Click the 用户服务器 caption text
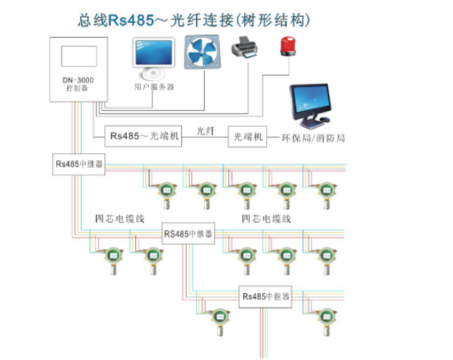pyautogui.click(x=154, y=87)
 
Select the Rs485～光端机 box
pyautogui.click(x=144, y=135)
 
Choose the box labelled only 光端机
pyautogui.click(x=247, y=136)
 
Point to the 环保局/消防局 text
pyautogui.click(x=310, y=137)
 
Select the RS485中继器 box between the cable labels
pyautogui.click(x=189, y=234)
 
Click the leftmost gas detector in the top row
pyautogui.click(x=167, y=193)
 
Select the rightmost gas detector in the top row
pyautogui.click(x=326, y=193)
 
